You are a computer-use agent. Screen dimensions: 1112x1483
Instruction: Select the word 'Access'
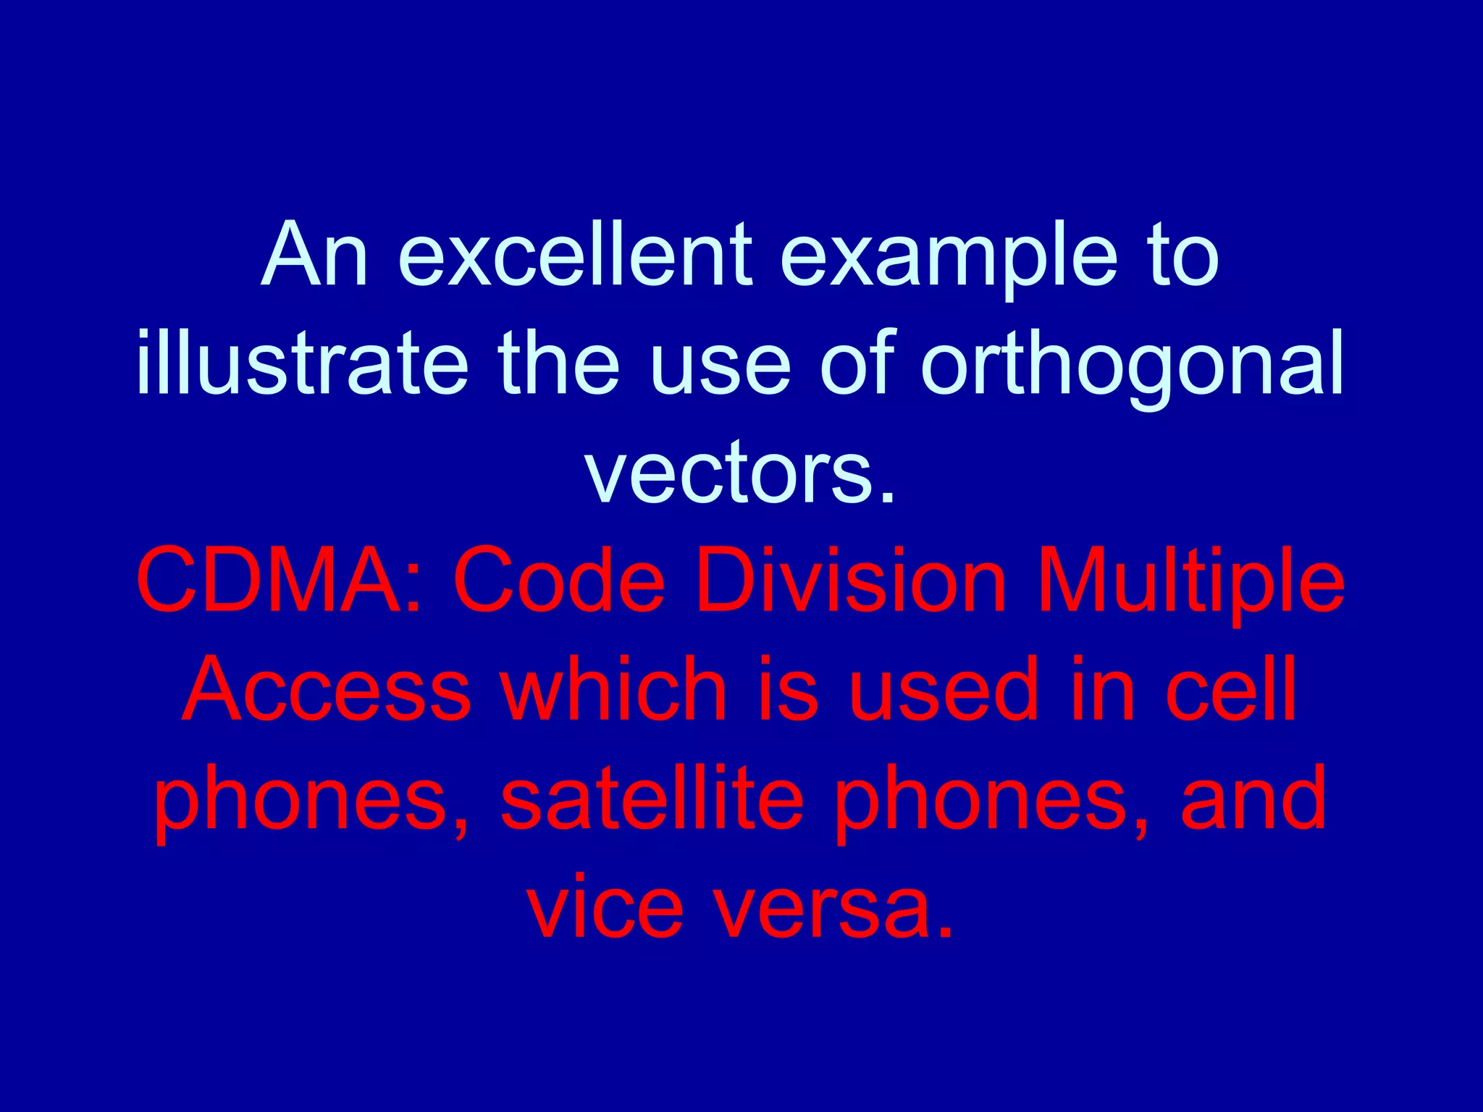(x=327, y=688)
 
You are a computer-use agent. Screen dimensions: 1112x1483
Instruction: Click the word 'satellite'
(x=652, y=799)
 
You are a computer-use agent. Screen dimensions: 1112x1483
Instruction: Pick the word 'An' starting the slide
(x=314, y=255)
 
